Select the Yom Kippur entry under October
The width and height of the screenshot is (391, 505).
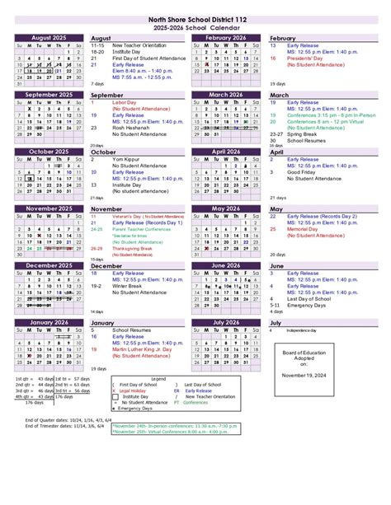[127, 159]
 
